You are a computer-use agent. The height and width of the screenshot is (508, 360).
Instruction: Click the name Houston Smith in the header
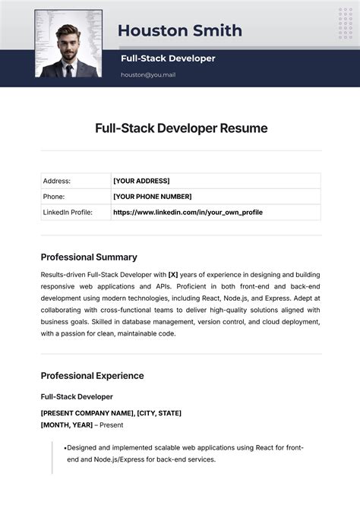(x=180, y=30)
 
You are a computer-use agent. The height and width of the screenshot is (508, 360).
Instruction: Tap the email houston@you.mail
(x=148, y=74)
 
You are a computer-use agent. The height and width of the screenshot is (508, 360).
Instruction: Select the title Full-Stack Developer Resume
(x=181, y=128)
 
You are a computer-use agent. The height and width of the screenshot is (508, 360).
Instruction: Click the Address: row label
(x=57, y=181)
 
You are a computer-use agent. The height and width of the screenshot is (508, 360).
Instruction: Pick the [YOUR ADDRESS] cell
(x=141, y=181)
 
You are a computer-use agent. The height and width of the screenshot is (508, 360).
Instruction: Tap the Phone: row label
(x=54, y=197)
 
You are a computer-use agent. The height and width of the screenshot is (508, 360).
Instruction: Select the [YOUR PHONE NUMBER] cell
(x=152, y=197)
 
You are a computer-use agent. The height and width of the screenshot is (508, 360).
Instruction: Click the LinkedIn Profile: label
(x=68, y=213)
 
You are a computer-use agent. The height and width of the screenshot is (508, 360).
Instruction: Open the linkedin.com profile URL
(x=188, y=213)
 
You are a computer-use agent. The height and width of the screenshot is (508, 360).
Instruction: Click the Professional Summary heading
(x=89, y=257)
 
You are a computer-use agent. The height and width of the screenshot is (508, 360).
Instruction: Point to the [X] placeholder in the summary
(x=173, y=274)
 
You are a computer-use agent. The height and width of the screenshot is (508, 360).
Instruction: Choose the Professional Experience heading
(x=92, y=375)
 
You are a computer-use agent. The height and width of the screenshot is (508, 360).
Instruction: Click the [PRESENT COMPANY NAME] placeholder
(x=87, y=413)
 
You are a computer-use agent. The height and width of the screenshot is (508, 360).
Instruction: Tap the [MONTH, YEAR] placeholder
(x=67, y=425)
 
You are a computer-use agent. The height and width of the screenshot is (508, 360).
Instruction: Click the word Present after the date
(x=112, y=425)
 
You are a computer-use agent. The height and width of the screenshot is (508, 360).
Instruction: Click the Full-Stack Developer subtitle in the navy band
(x=168, y=58)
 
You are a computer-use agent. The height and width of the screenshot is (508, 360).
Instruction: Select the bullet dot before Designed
(x=65, y=448)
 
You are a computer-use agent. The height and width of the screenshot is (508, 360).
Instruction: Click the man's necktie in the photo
(x=69, y=70)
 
